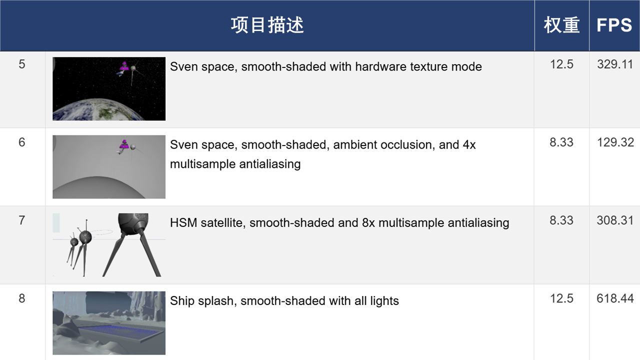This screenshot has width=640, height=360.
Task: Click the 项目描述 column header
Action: click(x=267, y=25)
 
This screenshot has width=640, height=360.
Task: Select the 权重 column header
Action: click(x=561, y=25)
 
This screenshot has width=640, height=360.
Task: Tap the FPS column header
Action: click(x=614, y=25)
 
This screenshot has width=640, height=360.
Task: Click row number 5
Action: click(x=22, y=64)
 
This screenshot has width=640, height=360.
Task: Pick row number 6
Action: click(x=22, y=142)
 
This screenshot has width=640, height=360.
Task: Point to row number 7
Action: click(x=22, y=220)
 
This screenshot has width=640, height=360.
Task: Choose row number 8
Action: click(x=22, y=298)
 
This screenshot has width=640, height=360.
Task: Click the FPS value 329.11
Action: click(x=615, y=64)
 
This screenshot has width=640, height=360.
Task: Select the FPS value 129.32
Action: click(x=615, y=142)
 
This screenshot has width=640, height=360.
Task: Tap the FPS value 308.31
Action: click(x=615, y=220)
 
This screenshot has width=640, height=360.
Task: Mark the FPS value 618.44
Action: click(x=615, y=298)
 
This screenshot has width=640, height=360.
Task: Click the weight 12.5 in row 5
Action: click(x=561, y=64)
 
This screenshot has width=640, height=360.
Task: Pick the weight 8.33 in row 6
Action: click(x=561, y=142)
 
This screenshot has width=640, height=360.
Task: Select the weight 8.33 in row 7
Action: click(x=561, y=220)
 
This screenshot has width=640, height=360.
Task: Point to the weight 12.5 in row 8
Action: click(x=561, y=298)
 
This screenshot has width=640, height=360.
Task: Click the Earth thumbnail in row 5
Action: click(x=109, y=89)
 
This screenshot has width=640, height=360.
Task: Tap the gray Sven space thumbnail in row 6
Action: click(x=109, y=167)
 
